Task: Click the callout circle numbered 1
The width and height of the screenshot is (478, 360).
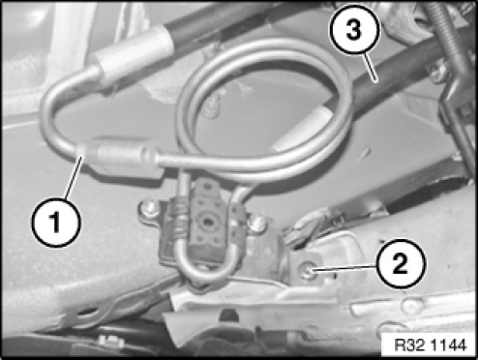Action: pyautogui.click(x=56, y=223)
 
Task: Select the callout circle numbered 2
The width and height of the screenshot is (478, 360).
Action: pyautogui.click(x=401, y=264)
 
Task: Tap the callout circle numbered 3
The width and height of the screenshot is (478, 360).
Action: pyautogui.click(x=354, y=30)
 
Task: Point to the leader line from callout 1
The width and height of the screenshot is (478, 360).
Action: pyautogui.click(x=75, y=177)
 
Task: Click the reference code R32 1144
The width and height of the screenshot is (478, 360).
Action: pyautogui.click(x=431, y=345)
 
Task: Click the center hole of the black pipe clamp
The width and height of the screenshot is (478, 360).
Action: pyautogui.click(x=205, y=223)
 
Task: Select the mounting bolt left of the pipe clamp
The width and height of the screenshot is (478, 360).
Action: pyautogui.click(x=149, y=210)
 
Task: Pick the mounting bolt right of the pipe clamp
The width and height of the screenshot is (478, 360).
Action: pyautogui.click(x=257, y=223)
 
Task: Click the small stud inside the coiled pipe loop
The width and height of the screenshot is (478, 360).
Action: pyautogui.click(x=211, y=107)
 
